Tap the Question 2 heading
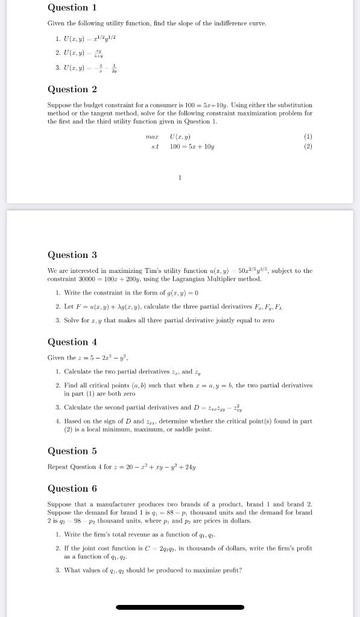point(72,89)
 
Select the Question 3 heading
point(72,255)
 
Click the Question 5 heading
point(72,451)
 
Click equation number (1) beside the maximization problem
point(308,137)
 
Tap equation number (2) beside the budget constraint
point(308,146)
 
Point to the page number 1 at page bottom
point(180,177)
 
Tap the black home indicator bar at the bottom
point(180,607)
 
